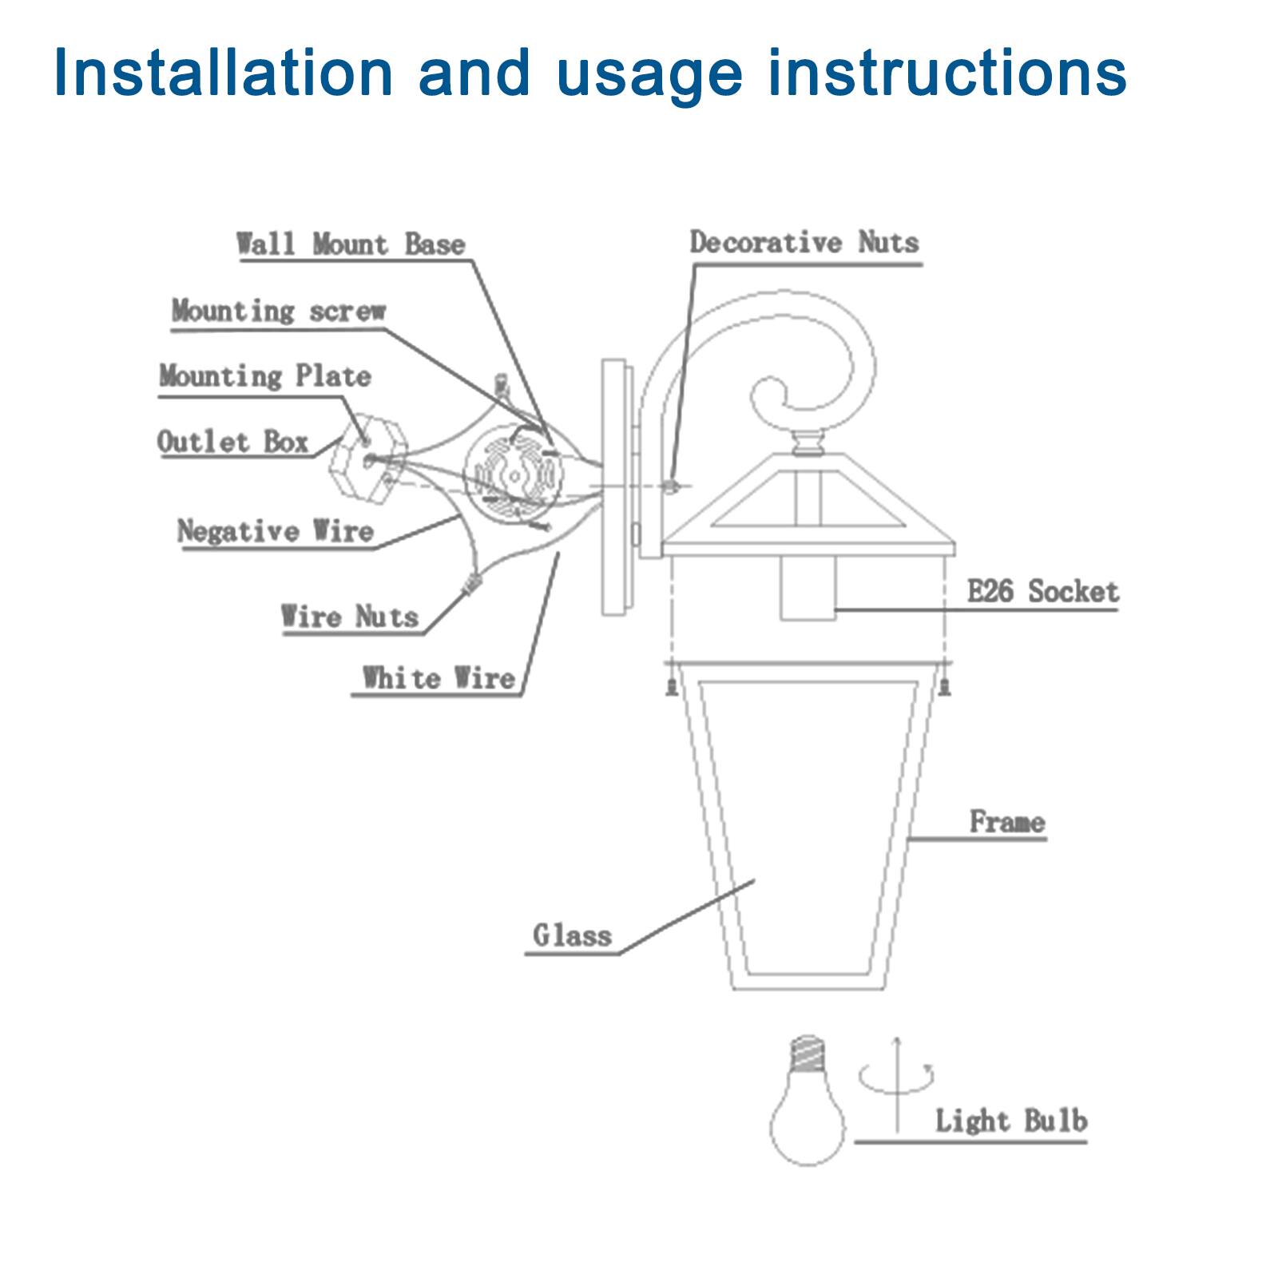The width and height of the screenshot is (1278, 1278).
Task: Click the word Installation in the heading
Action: point(224,73)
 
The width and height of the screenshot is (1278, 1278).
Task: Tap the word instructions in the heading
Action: point(947,73)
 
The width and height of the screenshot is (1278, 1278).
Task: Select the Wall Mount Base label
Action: point(351,244)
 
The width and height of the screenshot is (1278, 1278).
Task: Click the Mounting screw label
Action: point(279,310)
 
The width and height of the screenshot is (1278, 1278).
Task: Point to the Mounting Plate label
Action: point(265,375)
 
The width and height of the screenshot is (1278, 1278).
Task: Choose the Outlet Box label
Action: point(232,442)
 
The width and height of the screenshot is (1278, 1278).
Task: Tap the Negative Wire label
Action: point(276,531)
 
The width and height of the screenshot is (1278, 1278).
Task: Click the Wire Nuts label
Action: point(350,617)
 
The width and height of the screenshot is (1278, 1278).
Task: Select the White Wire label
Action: point(439,678)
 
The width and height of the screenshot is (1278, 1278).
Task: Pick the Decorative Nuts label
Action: point(804,242)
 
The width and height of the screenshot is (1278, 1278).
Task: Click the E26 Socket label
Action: point(1042,592)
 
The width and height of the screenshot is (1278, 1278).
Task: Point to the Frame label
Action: point(1007,822)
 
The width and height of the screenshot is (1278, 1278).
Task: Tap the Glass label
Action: point(572,935)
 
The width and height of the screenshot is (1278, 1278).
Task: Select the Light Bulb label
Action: point(1011,1121)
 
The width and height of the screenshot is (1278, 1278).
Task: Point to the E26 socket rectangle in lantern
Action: point(808,589)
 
